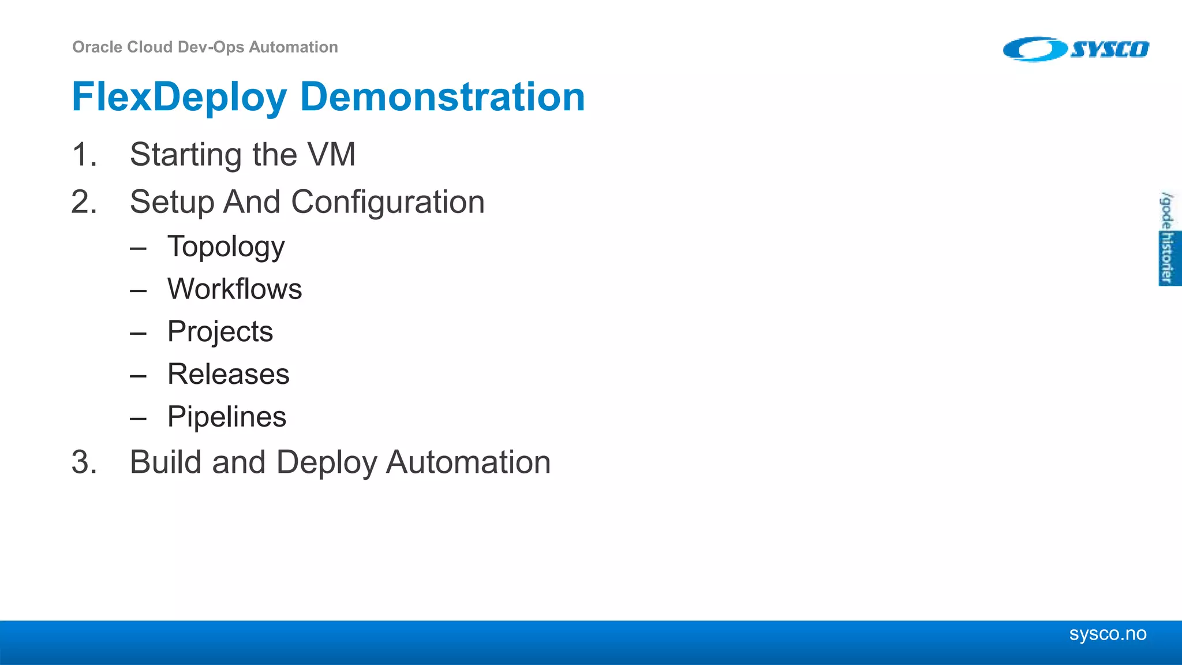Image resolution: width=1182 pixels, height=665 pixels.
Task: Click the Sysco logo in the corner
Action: [x=1076, y=49]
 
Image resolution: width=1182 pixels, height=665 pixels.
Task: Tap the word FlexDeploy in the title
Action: [x=179, y=97]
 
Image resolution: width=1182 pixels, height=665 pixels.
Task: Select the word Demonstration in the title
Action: [x=443, y=97]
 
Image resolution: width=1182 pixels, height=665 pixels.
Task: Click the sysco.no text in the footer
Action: [x=1108, y=634]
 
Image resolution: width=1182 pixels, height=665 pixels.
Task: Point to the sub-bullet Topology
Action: [x=226, y=247]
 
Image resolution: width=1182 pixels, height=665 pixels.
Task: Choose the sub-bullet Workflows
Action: [x=234, y=289]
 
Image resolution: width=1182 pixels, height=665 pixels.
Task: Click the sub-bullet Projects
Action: [x=220, y=331]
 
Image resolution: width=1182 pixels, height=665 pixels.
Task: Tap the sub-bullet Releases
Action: [x=228, y=374]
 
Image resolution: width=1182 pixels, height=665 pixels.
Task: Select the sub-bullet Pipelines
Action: [x=226, y=417]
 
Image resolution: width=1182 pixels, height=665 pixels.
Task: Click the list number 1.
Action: [x=84, y=155]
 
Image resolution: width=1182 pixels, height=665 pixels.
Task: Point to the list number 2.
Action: [x=84, y=202]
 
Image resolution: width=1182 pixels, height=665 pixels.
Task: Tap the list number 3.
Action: [x=84, y=462]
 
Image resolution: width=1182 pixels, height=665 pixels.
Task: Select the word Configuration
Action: [x=387, y=202]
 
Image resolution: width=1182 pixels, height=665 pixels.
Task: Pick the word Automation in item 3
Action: [x=468, y=462]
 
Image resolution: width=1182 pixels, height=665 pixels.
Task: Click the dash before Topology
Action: [x=138, y=249]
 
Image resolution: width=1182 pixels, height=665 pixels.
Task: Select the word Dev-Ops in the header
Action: [x=211, y=47]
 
